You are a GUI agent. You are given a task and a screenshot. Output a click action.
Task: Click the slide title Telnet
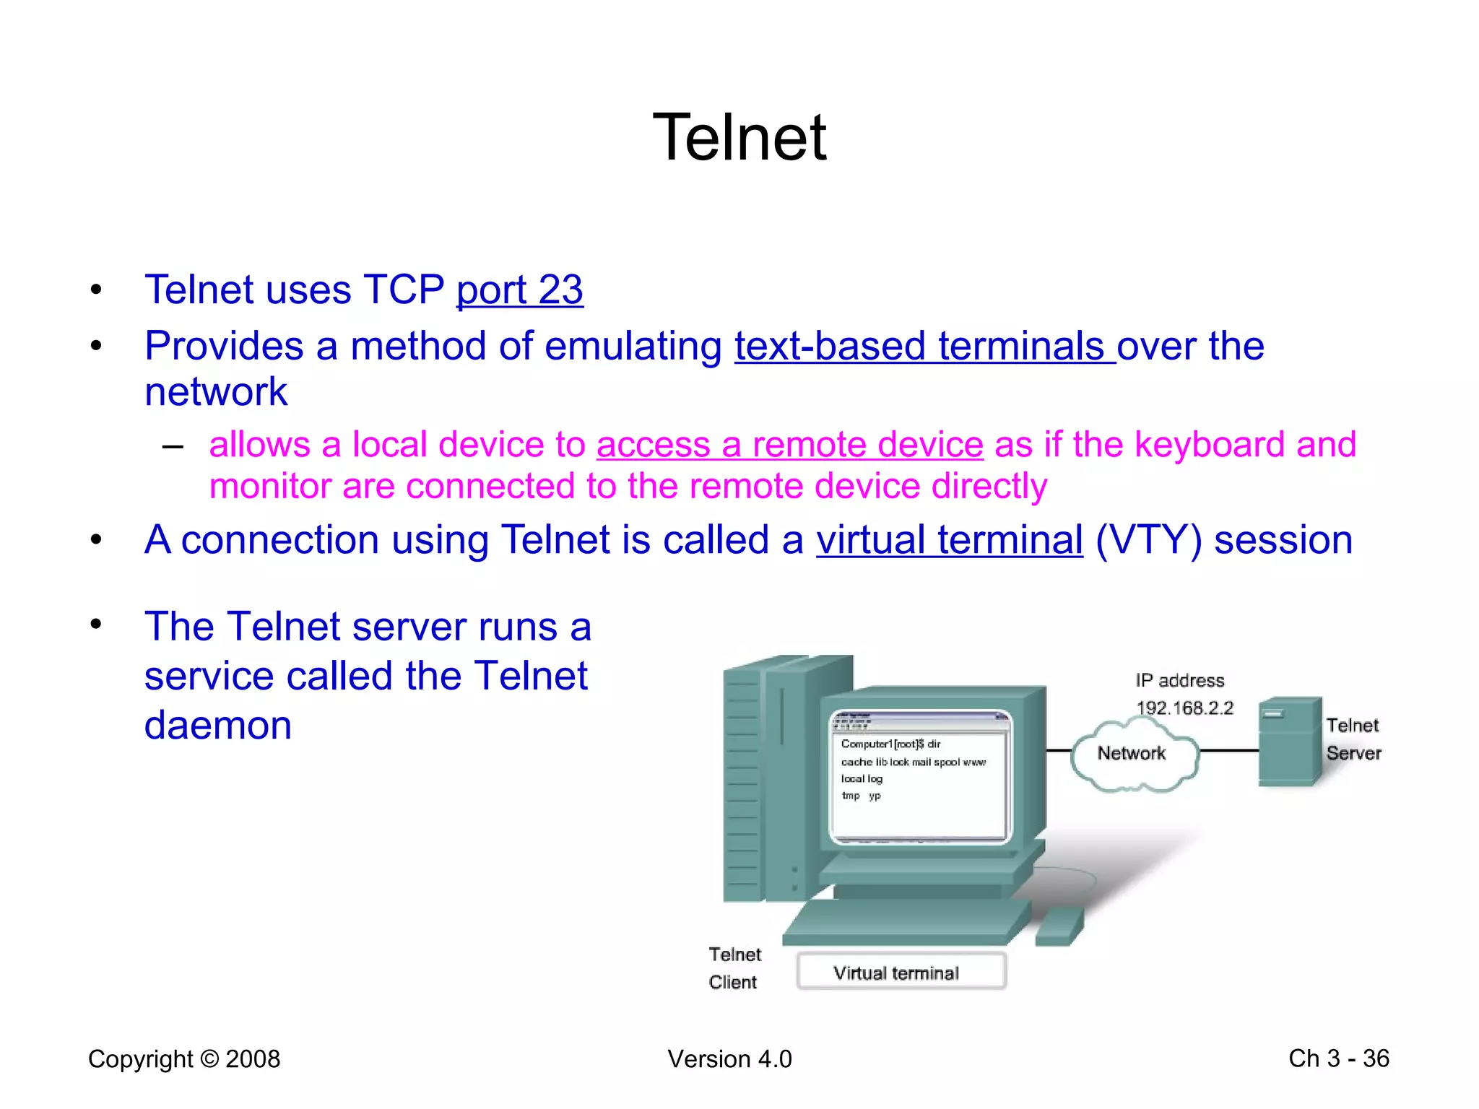click(x=739, y=137)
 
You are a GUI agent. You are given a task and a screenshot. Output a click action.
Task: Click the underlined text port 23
click(x=519, y=290)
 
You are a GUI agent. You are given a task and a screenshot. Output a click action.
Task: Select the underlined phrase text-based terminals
click(x=924, y=347)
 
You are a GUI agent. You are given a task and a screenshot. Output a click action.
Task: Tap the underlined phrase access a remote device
click(x=789, y=445)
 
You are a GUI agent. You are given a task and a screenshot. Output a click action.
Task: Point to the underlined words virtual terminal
click(x=949, y=540)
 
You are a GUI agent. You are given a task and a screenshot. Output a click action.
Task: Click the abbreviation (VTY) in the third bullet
click(x=1148, y=540)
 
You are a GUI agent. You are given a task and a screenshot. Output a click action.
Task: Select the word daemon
click(x=217, y=725)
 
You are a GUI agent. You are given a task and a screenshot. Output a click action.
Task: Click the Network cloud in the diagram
click(x=1132, y=754)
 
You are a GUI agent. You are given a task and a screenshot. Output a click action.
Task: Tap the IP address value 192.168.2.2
click(x=1184, y=708)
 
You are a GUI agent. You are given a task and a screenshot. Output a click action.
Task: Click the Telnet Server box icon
click(x=1289, y=742)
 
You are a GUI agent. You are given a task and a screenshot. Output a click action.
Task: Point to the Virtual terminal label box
click(x=901, y=972)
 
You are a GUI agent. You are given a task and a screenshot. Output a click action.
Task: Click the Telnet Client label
click(x=734, y=968)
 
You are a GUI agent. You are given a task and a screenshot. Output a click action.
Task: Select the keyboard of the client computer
click(x=906, y=923)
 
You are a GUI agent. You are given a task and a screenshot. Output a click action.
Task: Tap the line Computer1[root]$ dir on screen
click(x=890, y=744)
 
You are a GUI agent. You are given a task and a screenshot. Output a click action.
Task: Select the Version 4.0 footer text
click(x=729, y=1059)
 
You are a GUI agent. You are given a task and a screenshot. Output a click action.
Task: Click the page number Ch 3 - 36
click(x=1338, y=1058)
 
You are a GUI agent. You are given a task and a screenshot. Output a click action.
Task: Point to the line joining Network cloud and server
click(x=1228, y=751)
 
